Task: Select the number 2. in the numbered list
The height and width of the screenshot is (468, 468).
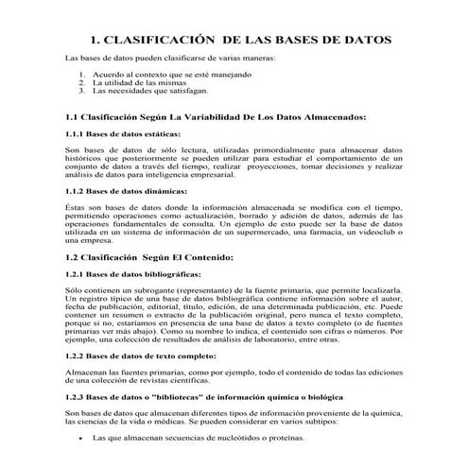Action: point(82,82)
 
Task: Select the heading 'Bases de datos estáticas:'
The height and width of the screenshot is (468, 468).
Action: point(131,134)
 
